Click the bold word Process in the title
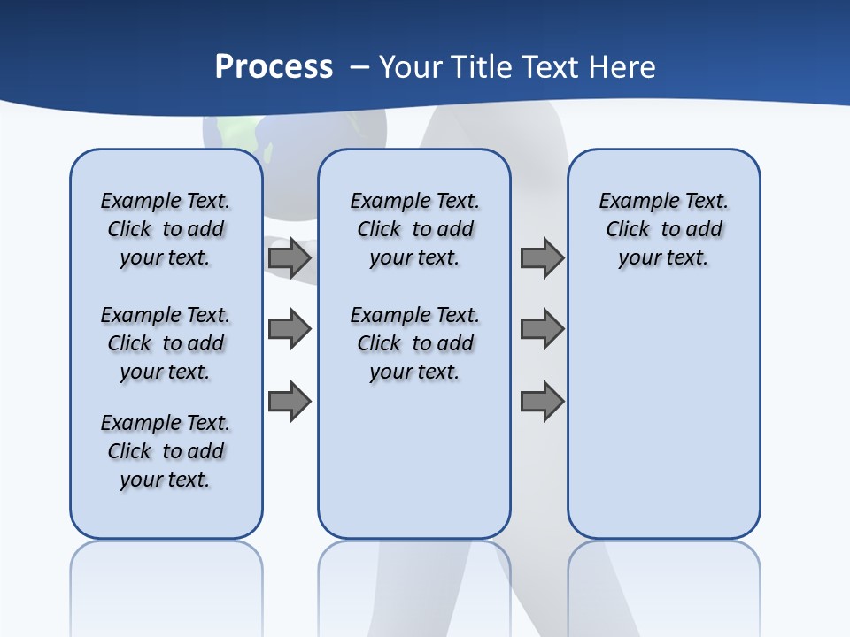point(274,67)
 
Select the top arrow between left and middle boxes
point(290,258)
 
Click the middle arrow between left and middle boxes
point(290,329)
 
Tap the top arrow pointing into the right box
point(542,258)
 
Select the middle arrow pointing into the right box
point(542,329)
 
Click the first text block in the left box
point(166,229)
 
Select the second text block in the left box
point(166,343)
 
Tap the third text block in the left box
point(166,451)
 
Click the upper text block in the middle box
point(414,229)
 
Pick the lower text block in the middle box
point(414,343)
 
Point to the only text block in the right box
point(663,229)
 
